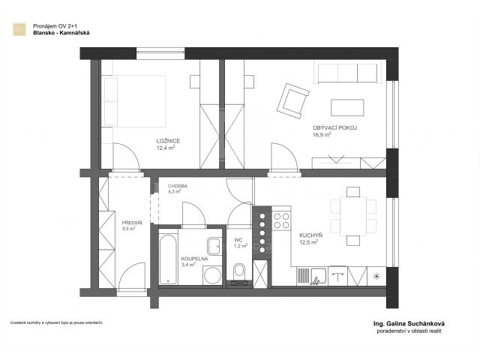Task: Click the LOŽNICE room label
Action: [x=168, y=141]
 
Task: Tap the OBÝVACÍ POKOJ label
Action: [x=335, y=128]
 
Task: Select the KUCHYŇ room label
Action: [x=310, y=235]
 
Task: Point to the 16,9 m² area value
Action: [x=322, y=135]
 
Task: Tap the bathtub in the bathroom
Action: [x=168, y=259]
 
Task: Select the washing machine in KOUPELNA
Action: [x=212, y=275]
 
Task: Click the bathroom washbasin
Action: [x=214, y=246]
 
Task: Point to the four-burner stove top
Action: [x=281, y=221]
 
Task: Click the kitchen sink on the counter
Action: [x=319, y=276]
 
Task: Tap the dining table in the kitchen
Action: [x=353, y=216]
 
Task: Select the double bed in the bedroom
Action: [x=133, y=101]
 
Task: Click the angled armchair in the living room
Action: [x=293, y=101]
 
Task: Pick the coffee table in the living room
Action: [x=347, y=108]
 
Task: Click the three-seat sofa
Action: [x=347, y=73]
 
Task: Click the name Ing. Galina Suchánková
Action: [x=409, y=323]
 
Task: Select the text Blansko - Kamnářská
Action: [x=61, y=33]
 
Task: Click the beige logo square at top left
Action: [x=19, y=29]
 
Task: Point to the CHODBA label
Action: [x=178, y=186]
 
